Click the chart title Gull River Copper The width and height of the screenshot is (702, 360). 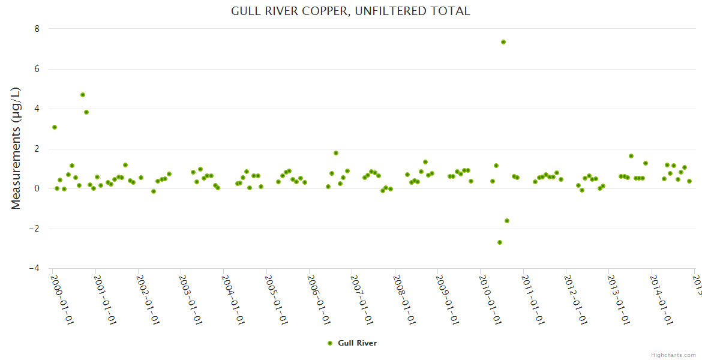point(350,11)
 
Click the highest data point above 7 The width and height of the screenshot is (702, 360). point(503,42)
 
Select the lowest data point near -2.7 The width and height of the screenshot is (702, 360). point(500,242)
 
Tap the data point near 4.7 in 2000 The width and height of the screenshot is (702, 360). point(83,95)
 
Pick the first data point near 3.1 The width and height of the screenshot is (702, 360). point(55,127)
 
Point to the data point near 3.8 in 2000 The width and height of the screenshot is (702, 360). point(86,112)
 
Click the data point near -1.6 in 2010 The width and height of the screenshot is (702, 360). point(507,221)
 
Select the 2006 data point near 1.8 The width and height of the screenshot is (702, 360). point(336,153)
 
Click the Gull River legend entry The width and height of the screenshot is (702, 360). point(352,343)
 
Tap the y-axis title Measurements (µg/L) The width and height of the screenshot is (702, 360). point(16,148)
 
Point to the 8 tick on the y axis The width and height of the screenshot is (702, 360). point(37,29)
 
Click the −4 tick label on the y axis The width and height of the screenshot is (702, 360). point(34,269)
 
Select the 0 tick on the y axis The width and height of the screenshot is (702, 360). point(37,188)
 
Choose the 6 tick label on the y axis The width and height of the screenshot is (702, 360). point(37,69)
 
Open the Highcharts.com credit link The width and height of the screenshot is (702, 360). point(673,355)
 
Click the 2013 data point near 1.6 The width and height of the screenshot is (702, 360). point(631,156)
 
